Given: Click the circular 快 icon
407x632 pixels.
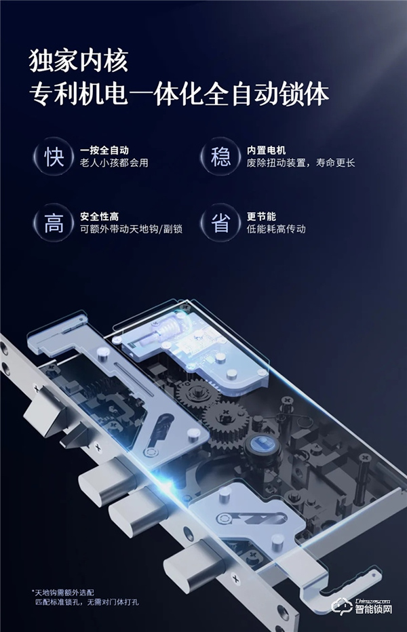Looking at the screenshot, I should click(x=54, y=158).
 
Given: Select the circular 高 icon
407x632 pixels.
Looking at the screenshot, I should click(x=54, y=224).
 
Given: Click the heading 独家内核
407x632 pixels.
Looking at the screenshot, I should click(x=78, y=62).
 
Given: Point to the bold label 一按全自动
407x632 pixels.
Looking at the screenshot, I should click(x=104, y=150).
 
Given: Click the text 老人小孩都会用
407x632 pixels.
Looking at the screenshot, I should click(x=113, y=163).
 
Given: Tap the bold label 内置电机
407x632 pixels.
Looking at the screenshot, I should click(x=267, y=150).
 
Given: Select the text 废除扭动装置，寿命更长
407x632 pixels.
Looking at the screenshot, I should click(x=301, y=163).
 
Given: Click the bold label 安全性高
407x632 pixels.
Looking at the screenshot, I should click(x=99, y=216).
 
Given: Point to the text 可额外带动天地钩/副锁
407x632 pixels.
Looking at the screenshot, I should click(x=131, y=229).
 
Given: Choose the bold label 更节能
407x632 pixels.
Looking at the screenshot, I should click(x=261, y=216).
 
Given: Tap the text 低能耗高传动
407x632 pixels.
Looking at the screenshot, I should click(x=276, y=229).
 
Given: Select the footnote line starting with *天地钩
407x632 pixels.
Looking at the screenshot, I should click(x=64, y=591).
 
